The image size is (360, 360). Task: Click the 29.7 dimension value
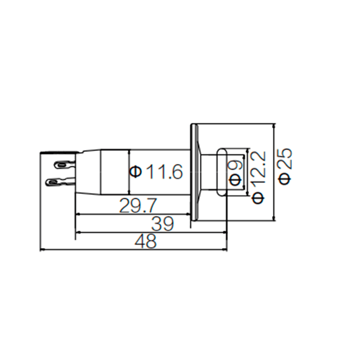pyautogui.click(x=138, y=206)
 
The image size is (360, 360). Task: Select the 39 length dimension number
pyautogui.click(x=162, y=224)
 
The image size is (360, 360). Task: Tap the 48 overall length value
pyautogui.click(x=145, y=241)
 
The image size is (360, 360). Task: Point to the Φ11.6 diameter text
pyautogui.click(x=156, y=171)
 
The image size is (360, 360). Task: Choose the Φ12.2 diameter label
pyautogui.click(x=259, y=177)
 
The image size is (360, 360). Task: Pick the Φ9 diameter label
pyautogui.click(x=235, y=173)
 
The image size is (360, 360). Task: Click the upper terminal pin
pyautogui.click(x=64, y=164)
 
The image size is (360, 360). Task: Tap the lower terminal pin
pyautogui.click(x=61, y=182)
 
